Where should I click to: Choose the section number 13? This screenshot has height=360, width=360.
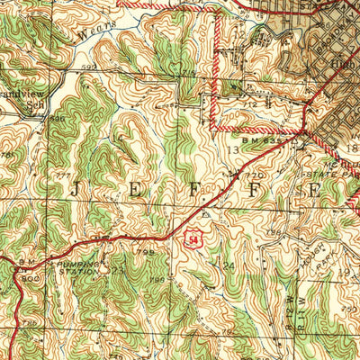[x=232, y=150]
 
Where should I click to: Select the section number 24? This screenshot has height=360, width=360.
[x=228, y=265]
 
